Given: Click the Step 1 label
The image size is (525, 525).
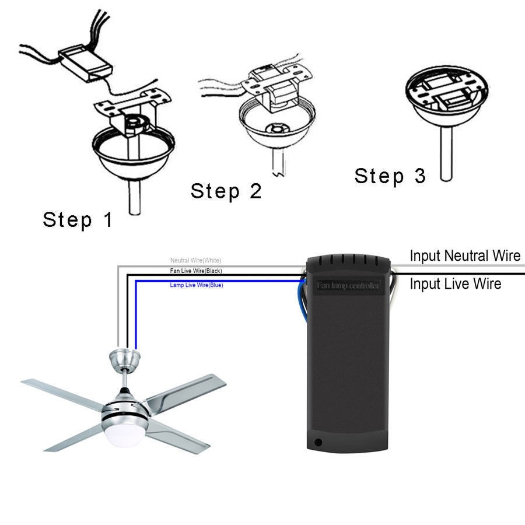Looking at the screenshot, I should pos(78,220).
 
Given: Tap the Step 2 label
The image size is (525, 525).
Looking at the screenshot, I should pos(226,191).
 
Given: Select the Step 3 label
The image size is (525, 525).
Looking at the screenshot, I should pos(390,176).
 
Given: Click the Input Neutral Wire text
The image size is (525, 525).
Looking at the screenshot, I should pos(464,256).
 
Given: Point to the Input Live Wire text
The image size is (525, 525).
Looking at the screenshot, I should pos(455,284).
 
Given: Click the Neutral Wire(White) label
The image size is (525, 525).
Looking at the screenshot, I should pos(195,260).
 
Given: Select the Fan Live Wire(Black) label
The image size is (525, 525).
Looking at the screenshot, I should pos(195,271).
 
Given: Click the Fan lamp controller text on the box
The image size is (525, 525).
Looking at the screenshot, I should pos(348,286).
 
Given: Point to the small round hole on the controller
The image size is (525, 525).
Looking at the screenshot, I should pos(317,442).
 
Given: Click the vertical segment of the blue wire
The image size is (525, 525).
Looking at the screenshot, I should pos(136,315).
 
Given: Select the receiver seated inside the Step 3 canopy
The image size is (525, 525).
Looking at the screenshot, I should pos(452,99).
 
